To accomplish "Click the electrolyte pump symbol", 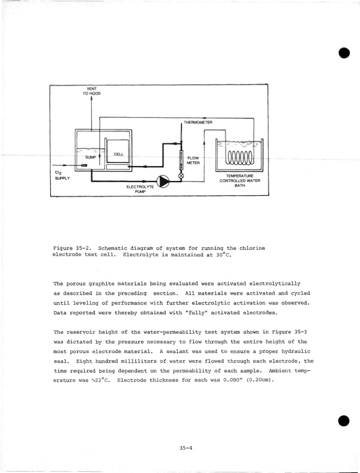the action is tap(162, 180).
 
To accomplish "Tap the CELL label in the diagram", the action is tap(119, 154).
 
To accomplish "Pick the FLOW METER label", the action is tap(193, 160).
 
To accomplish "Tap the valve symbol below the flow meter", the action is tap(181, 176).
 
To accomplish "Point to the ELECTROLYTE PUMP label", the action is tap(140, 190).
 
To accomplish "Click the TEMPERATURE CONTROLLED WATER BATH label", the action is tap(240, 180).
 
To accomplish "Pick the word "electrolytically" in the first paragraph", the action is tap(270, 282).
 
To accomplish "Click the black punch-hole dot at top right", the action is tap(344, 53).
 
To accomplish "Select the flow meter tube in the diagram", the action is tap(181, 162).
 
